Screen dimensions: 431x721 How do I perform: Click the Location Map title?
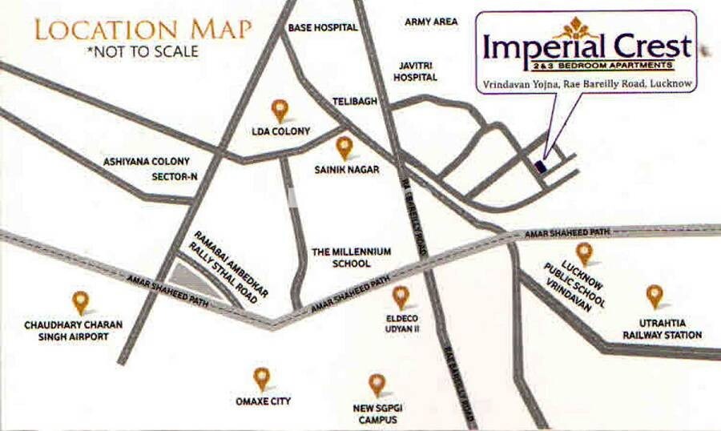click(143, 30)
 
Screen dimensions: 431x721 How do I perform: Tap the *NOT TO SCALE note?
click(143, 52)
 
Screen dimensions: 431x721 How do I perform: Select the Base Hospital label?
click(322, 27)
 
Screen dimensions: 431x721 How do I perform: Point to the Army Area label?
click(430, 22)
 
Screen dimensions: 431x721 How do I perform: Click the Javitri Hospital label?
click(414, 72)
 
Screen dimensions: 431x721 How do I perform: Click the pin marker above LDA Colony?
click(279, 110)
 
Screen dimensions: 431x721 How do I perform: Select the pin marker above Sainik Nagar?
click(344, 147)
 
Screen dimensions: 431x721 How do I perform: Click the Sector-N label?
click(174, 177)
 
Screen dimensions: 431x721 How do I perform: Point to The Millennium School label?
click(352, 257)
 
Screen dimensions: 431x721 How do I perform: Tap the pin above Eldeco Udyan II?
click(401, 297)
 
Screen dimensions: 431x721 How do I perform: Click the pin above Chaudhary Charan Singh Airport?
click(80, 302)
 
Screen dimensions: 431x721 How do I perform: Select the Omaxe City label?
click(264, 401)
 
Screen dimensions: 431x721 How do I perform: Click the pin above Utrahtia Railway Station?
click(655, 296)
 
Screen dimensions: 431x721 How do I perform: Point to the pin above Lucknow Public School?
click(584, 253)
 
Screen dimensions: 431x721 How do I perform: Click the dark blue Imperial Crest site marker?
click(540, 166)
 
